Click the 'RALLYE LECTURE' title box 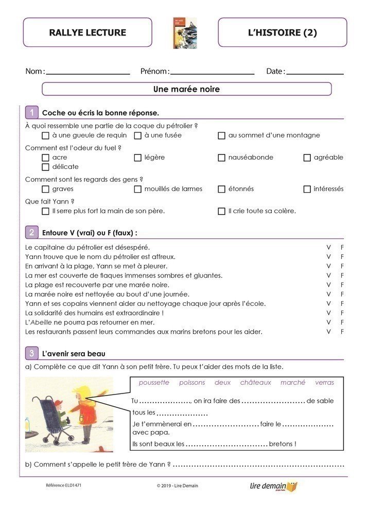[87, 32]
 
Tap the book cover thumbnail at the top [185, 33]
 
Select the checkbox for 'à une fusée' [138, 135]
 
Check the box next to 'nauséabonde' [222, 158]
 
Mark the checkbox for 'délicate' [45, 167]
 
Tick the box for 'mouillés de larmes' [138, 189]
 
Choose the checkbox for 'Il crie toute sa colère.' [222, 211]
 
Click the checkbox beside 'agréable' [307, 158]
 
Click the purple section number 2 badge [32, 232]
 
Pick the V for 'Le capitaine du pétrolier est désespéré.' [329, 247]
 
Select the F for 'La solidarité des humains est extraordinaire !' [342, 313]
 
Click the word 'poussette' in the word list [154, 383]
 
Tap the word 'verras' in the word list [324, 383]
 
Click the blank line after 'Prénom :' [212, 72]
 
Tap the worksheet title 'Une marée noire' [186, 89]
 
